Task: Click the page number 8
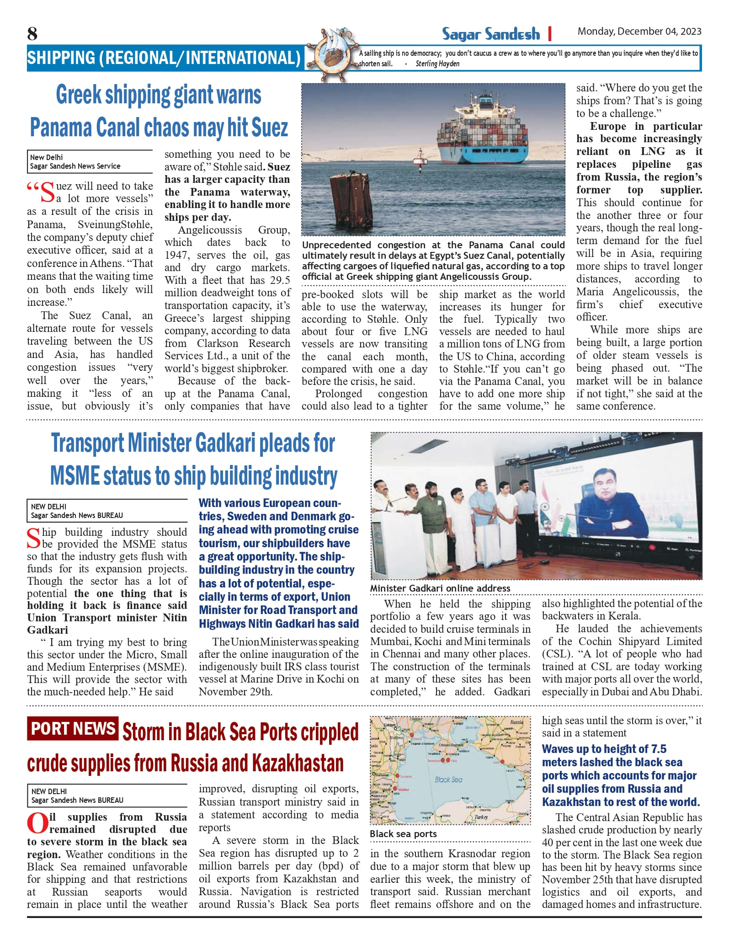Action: coord(32,33)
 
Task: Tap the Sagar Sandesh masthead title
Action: coord(490,34)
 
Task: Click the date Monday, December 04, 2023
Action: coord(639,32)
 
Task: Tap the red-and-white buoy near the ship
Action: coord(419,160)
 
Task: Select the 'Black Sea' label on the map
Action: coord(448,779)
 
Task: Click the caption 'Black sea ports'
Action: coord(403,834)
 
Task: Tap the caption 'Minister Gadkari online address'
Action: coord(440,588)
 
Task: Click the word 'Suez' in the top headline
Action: coord(271,127)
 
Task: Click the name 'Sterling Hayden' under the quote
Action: coord(437,64)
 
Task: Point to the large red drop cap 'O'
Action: coord(37,823)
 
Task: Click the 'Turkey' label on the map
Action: coord(481,817)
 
